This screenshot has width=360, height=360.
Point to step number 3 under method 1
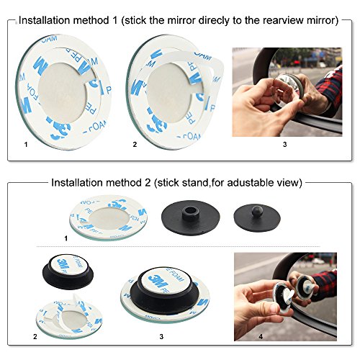(x=286, y=145)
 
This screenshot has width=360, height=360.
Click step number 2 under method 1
(x=135, y=145)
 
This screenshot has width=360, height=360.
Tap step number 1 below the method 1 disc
(x=27, y=145)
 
